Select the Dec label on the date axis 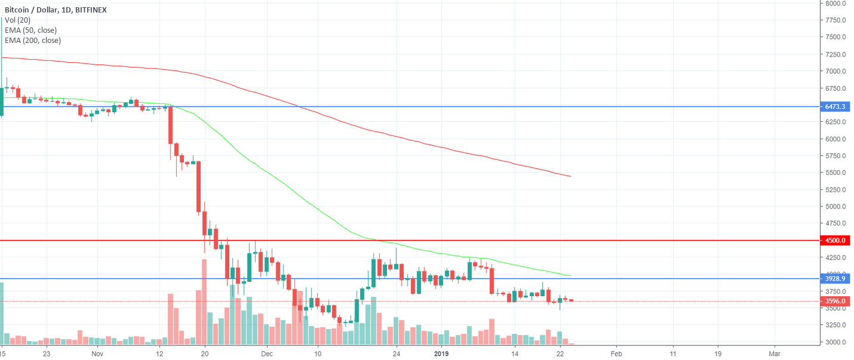coord(267,353)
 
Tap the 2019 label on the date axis coord(442,353)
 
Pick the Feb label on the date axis coord(616,353)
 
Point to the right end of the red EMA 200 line coord(571,176)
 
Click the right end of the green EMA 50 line coord(571,275)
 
